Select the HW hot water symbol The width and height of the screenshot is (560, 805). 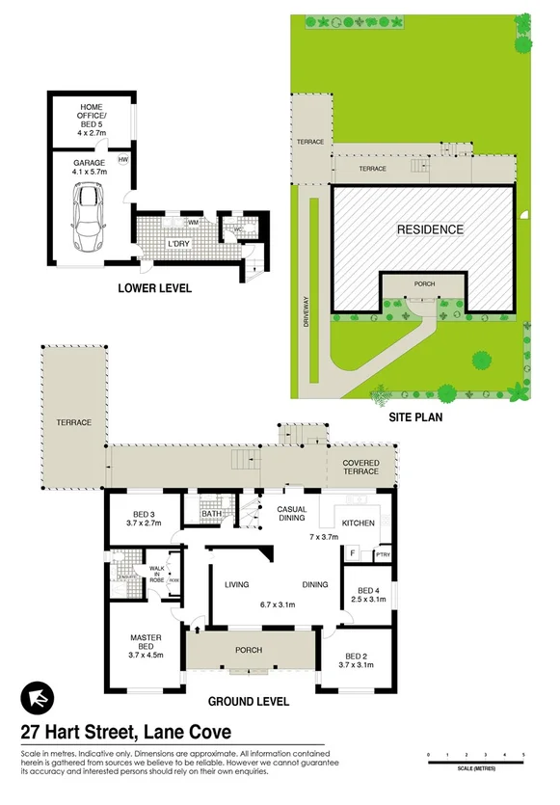pos(123,160)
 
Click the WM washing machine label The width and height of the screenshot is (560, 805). pos(193,223)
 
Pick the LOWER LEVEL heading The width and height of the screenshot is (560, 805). pos(154,287)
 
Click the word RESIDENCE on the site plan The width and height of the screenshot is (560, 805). pos(431,229)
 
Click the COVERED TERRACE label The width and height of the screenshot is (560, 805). pos(361,469)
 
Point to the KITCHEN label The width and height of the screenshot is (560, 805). pos(359,522)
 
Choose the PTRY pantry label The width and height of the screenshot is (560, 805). pos(383,554)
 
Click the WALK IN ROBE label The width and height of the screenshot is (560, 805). pos(156,576)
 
